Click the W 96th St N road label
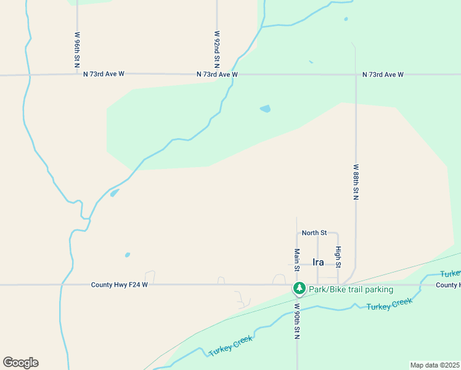coord(78,50)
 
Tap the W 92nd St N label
coord(217,50)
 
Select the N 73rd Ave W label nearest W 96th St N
coord(104,74)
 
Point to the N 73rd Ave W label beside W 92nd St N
coord(217,74)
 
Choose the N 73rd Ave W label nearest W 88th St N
coord(383,74)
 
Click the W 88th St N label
coord(356,181)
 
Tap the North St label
coord(314,232)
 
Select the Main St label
coord(296,260)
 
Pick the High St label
coord(338,257)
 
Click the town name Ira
coord(318,262)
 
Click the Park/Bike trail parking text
coord(351,289)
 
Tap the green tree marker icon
coord(300,288)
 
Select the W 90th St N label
coord(296,321)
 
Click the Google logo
coord(20,363)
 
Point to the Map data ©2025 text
coord(434,365)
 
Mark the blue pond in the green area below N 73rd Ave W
coord(265,109)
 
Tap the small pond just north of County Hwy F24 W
coord(128,255)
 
